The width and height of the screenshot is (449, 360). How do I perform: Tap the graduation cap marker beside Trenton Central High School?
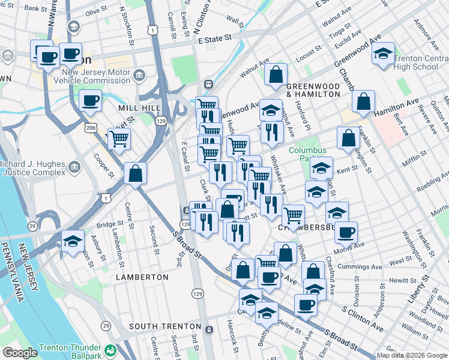(x=383, y=55)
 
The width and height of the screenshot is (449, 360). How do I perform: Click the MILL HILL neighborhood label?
(x=139, y=107)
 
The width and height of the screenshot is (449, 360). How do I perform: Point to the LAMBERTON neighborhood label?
(x=142, y=277)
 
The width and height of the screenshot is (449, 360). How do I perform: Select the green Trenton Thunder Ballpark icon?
(x=110, y=349)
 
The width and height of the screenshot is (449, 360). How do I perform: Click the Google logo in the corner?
(x=20, y=353)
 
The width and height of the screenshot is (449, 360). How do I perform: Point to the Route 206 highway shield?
(x=89, y=128)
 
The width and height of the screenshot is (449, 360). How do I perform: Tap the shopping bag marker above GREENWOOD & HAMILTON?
(x=275, y=75)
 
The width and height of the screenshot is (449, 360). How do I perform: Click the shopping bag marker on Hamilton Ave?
(x=363, y=102)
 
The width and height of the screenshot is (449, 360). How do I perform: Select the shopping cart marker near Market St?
(x=119, y=139)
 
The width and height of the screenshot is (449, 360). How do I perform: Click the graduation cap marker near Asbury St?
(x=73, y=242)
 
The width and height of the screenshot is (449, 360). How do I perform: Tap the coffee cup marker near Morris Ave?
(x=345, y=232)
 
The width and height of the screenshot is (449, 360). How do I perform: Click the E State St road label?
(x=214, y=39)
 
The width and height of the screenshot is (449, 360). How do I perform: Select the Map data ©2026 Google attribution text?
(x=411, y=355)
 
